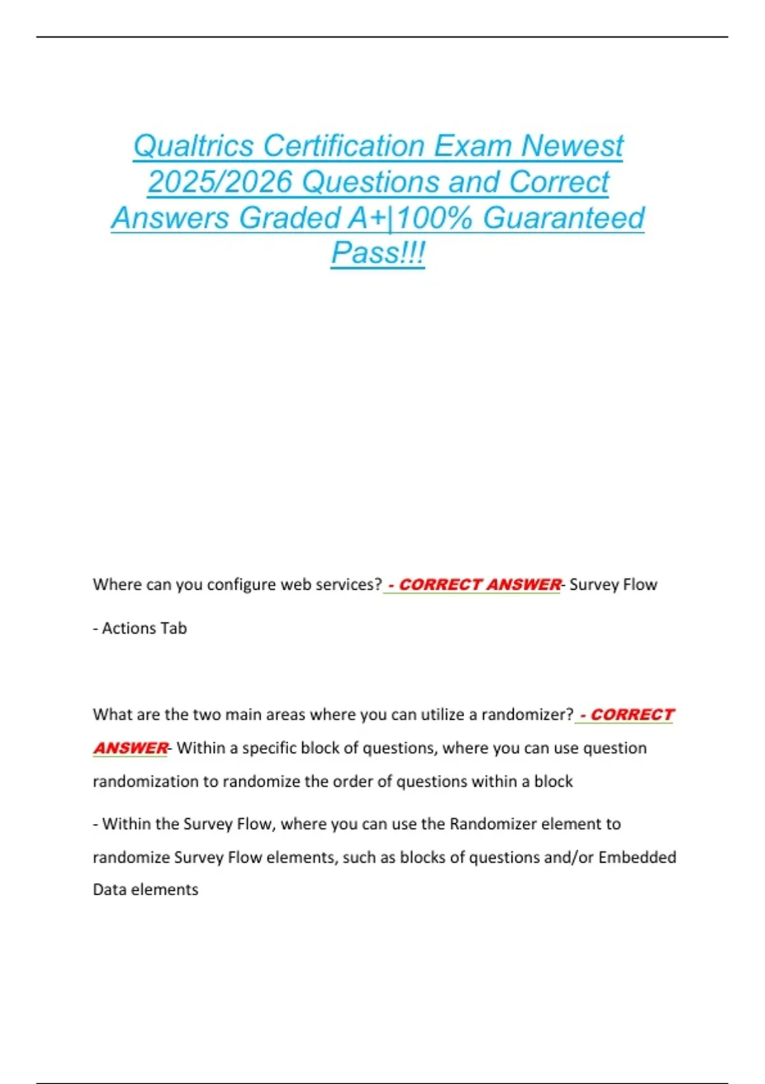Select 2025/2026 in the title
tap(219, 182)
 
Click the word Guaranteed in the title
tap(564, 218)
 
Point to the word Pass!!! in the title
tap(377, 253)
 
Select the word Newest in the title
tap(572, 146)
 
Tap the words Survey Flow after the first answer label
tap(613, 585)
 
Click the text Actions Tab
tap(144, 628)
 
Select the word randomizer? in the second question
tap(527, 715)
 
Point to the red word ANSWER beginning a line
tap(131, 748)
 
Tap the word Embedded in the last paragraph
tap(637, 857)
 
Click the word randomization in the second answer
tap(146, 781)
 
